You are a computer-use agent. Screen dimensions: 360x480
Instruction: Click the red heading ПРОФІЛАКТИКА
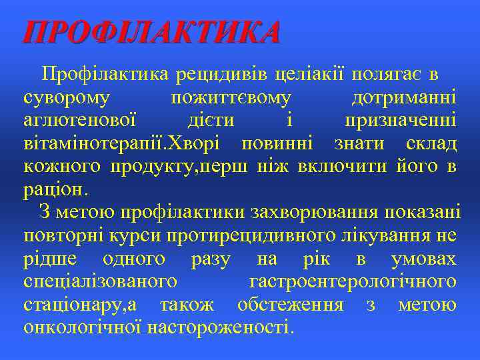tap(152, 32)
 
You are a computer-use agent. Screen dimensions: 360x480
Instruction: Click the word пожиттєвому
tap(231, 98)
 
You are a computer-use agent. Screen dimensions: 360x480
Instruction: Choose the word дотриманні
tap(404, 98)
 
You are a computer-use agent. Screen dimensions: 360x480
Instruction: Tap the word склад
tap(431, 143)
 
